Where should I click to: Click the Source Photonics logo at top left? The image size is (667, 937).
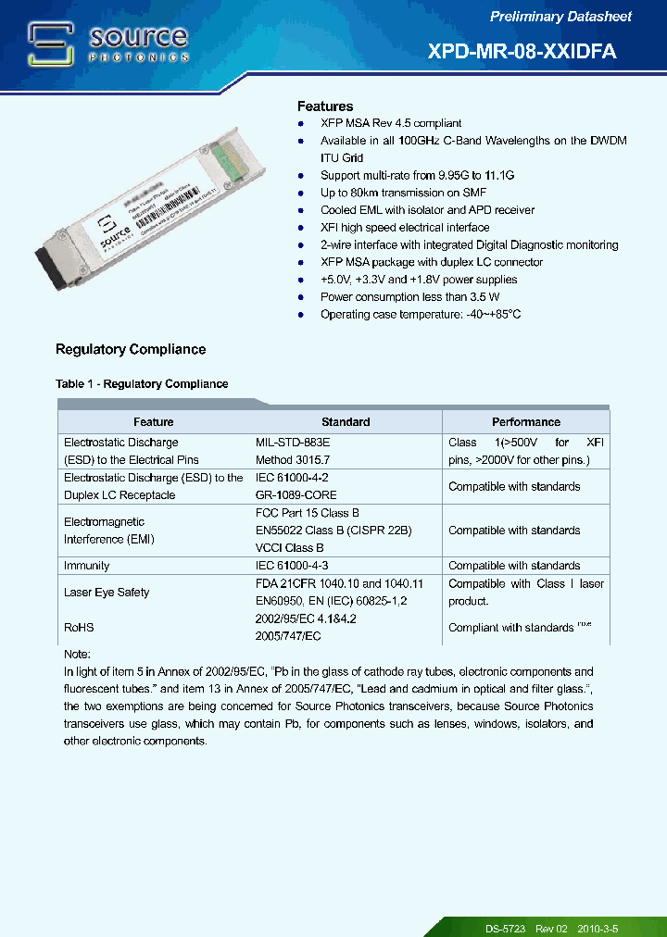pyautogui.click(x=108, y=44)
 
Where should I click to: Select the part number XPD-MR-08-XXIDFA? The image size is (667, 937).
pyautogui.click(x=522, y=52)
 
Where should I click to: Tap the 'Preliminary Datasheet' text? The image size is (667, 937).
pyautogui.click(x=560, y=17)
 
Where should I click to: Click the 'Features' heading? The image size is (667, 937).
pyautogui.click(x=324, y=106)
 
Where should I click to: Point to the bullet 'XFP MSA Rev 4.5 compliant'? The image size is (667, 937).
pyautogui.click(x=390, y=123)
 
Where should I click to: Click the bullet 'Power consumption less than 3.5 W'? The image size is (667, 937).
pyautogui.click(x=409, y=297)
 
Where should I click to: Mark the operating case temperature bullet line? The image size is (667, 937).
pyautogui.click(x=420, y=315)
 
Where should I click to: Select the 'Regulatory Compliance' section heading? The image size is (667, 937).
pyautogui.click(x=131, y=349)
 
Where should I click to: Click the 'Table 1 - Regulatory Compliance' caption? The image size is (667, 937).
pyautogui.click(x=142, y=383)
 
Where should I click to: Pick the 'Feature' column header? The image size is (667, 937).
pyautogui.click(x=154, y=422)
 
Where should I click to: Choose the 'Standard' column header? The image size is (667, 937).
pyautogui.click(x=346, y=422)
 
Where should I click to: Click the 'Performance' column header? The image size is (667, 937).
pyautogui.click(x=525, y=422)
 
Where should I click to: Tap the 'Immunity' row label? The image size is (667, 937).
pyautogui.click(x=86, y=566)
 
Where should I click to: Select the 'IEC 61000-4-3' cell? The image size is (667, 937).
pyautogui.click(x=293, y=566)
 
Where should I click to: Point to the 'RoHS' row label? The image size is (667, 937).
pyautogui.click(x=79, y=628)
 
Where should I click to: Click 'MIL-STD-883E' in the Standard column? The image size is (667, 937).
pyautogui.click(x=293, y=443)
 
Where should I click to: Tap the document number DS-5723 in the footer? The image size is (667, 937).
pyautogui.click(x=506, y=928)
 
